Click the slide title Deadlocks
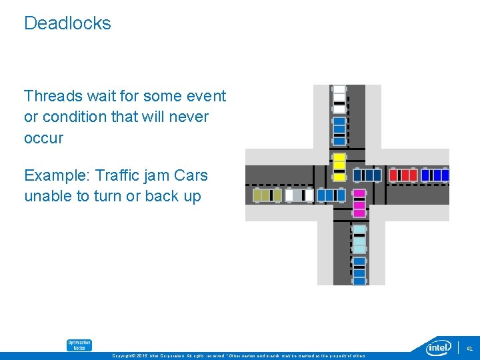click(67, 23)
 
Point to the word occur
click(44, 138)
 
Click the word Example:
click(57, 175)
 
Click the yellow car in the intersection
click(339, 167)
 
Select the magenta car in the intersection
click(359, 203)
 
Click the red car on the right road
click(403, 175)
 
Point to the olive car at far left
click(267, 195)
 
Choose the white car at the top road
click(339, 97)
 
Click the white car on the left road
click(298, 195)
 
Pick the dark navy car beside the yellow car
click(367, 175)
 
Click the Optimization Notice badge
click(79, 345)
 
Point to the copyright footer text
click(240, 356)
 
